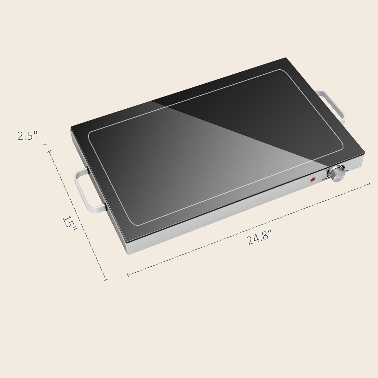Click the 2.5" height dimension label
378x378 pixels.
(x=27, y=136)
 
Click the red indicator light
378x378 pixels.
(x=313, y=180)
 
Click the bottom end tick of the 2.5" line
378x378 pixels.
(x=45, y=145)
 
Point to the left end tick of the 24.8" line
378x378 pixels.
(x=128, y=275)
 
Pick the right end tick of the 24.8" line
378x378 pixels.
(x=369, y=183)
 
